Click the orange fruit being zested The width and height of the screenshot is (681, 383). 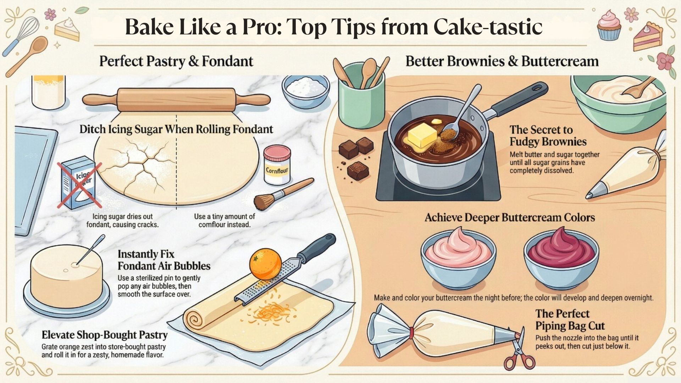click(265, 264)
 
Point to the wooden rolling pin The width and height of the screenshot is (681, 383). click(176, 100)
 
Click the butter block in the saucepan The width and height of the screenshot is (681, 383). click(423, 136)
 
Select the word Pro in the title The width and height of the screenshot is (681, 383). click(261, 27)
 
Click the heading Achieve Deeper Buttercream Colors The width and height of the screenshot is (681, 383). click(510, 217)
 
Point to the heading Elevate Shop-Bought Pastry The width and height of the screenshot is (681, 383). click(105, 335)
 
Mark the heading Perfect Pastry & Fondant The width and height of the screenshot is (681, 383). click(176, 61)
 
